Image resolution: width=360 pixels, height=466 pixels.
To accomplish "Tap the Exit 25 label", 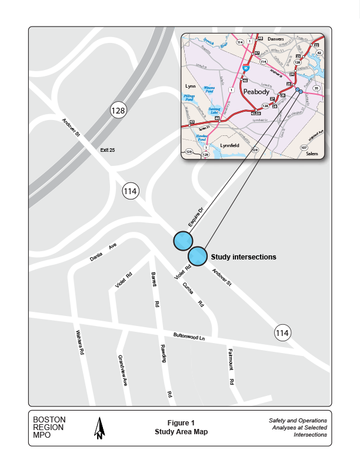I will point(108,151).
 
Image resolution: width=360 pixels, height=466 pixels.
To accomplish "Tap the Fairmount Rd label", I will point(232,367).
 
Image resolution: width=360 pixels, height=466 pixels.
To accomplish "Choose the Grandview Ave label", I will point(122,370).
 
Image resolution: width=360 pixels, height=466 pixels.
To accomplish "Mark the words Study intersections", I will point(244,257).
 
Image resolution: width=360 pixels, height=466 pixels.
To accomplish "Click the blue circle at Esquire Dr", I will point(182,241).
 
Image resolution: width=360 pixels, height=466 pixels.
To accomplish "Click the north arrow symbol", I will point(100,428).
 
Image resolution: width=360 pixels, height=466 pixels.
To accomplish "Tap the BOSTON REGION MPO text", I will point(49,428).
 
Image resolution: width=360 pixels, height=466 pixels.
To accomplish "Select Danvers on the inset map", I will point(275,39).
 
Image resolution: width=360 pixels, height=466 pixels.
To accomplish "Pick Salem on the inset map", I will point(312,154).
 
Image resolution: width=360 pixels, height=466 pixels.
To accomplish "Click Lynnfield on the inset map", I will point(230,145).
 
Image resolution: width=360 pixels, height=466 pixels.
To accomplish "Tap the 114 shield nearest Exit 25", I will point(131,191).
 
